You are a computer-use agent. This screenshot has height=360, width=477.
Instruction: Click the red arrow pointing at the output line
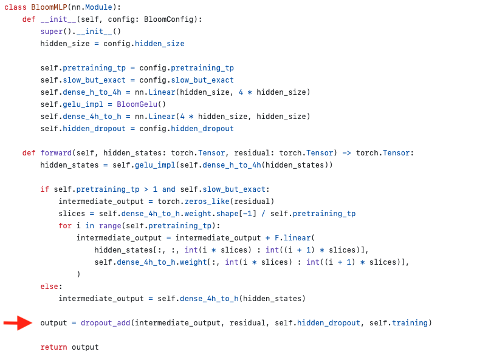[x=18, y=323]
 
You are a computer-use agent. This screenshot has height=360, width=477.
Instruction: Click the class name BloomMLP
[x=49, y=7]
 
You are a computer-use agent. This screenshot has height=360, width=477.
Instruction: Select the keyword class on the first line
[x=15, y=7]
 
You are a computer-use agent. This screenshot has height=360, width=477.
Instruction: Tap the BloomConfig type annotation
[x=168, y=19]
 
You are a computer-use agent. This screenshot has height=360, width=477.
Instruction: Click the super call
[x=52, y=32]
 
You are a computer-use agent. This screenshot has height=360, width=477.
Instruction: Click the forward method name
[x=56, y=153]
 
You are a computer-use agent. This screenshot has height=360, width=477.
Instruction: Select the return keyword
[x=54, y=347]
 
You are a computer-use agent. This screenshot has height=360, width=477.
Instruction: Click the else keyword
[x=49, y=287]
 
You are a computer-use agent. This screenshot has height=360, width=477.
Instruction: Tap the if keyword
[x=45, y=189]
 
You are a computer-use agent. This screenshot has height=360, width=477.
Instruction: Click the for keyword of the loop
[x=65, y=226]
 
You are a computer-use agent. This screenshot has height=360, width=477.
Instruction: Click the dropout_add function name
[x=105, y=323]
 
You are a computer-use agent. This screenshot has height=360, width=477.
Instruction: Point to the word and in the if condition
[x=168, y=189]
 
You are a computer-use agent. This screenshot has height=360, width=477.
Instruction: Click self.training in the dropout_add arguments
[x=399, y=323]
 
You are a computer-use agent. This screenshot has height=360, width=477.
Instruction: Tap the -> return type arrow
[x=346, y=153]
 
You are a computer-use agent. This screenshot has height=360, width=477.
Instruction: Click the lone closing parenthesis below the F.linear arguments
[x=78, y=274]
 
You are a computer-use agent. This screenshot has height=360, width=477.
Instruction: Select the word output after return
[x=85, y=347]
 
